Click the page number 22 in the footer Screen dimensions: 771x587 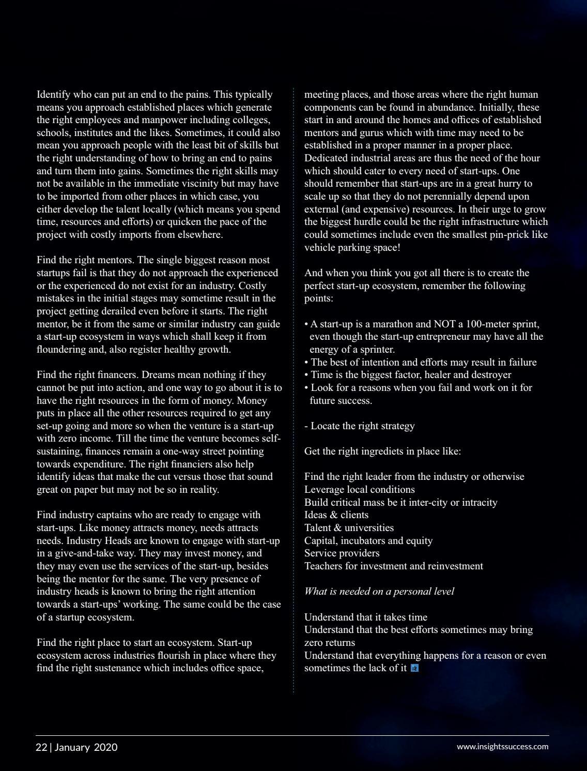[41, 747]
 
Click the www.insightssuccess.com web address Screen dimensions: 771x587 [502, 746]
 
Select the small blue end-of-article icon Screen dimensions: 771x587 [414, 668]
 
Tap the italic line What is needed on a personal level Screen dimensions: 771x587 [379, 592]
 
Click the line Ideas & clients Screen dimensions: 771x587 [336, 515]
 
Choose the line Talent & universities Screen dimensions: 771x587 [349, 528]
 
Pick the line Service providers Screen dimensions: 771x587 [342, 553]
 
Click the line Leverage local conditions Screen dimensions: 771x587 [359, 490]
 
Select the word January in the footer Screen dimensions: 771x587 [72, 747]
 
